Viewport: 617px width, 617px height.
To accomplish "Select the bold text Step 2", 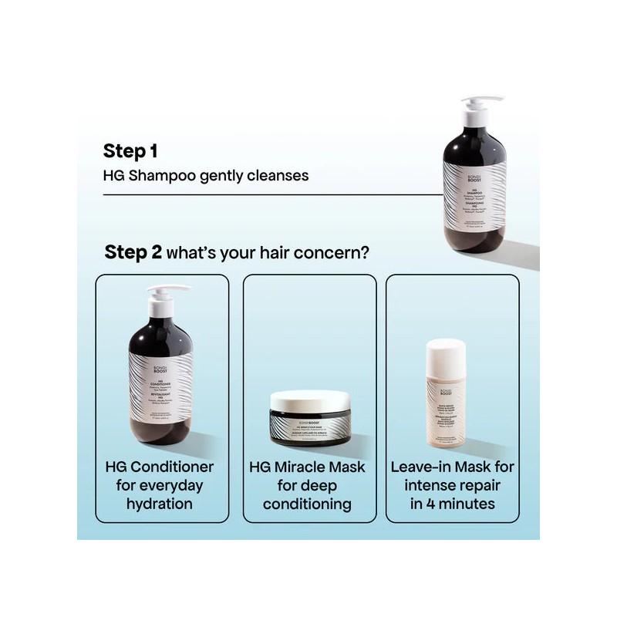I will [x=133, y=253].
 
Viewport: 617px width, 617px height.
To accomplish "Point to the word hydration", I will [x=161, y=504].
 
